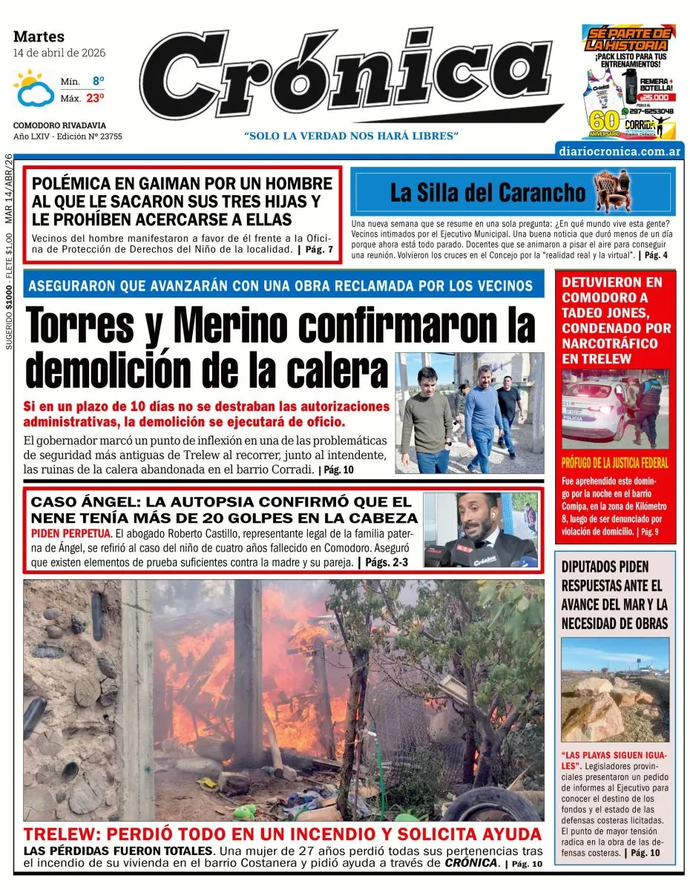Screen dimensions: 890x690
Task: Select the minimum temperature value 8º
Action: tap(98, 81)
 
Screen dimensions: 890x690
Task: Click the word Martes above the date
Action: tap(39, 36)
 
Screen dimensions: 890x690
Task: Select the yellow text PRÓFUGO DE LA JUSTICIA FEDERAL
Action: tap(614, 464)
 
